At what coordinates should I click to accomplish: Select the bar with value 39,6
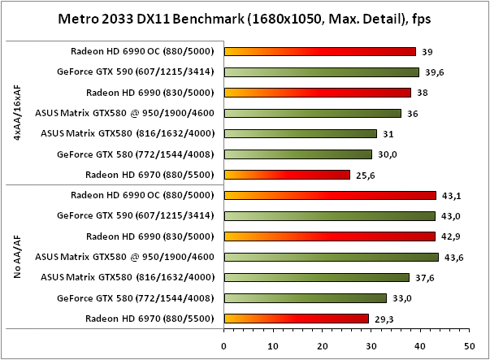click(x=322, y=72)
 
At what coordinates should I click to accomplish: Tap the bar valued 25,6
click(x=287, y=175)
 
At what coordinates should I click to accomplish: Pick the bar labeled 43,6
click(x=332, y=257)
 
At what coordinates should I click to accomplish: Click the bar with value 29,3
click(x=296, y=319)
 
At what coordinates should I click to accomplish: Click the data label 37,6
click(x=422, y=277)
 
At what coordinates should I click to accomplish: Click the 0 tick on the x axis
click(x=224, y=344)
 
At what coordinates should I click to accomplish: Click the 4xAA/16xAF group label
click(x=18, y=113)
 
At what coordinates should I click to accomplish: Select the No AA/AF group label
click(x=18, y=257)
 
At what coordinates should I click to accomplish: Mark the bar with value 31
click(x=300, y=133)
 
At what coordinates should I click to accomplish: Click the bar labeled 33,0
click(x=305, y=298)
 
